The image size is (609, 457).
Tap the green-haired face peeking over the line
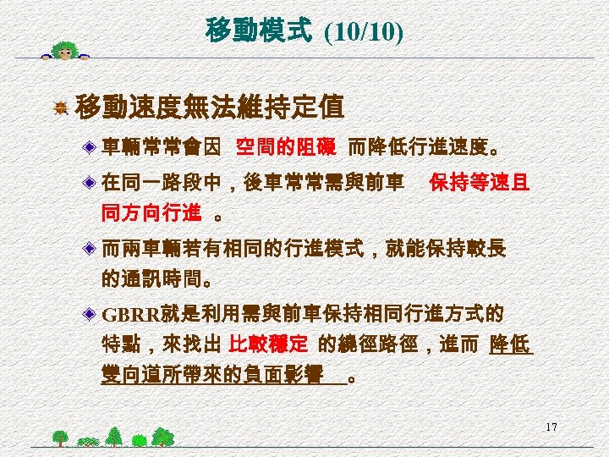coord(64,52)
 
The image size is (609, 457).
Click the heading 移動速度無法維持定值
coord(209,108)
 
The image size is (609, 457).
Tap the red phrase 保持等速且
coord(480,182)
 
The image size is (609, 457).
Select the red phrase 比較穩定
coord(269,345)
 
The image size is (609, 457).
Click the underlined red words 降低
coord(511,345)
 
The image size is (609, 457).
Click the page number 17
coord(551,427)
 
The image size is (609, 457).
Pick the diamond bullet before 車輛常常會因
coord(89,149)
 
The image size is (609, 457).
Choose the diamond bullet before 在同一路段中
coord(89,183)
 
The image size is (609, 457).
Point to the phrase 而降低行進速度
coord(418,148)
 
